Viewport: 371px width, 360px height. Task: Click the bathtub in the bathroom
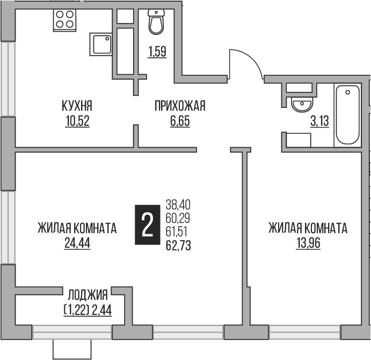coord(348,116)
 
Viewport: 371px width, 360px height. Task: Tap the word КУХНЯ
coord(76,106)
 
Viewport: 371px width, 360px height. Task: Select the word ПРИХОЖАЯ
coord(180,106)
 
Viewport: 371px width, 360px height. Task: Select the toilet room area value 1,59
coord(156,52)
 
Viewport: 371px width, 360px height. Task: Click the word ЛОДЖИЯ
coord(88,294)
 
